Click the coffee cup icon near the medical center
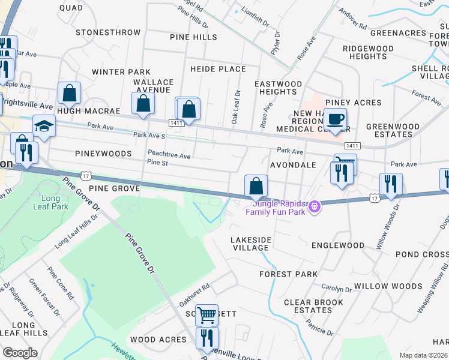[x=336, y=119]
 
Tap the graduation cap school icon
[x=44, y=126]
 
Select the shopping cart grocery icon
[x=206, y=314]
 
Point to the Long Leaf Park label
[x=55, y=202]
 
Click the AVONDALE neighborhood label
[x=293, y=164]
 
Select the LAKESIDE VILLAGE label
[x=251, y=243]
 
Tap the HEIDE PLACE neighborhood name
[x=218, y=69]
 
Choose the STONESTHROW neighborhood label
[x=108, y=32]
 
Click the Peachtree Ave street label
[x=169, y=156]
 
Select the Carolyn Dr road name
[x=336, y=289]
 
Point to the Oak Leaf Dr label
[x=235, y=108]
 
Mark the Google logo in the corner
[x=20, y=353]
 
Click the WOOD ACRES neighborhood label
[x=158, y=340]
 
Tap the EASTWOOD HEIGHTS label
[x=278, y=88]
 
